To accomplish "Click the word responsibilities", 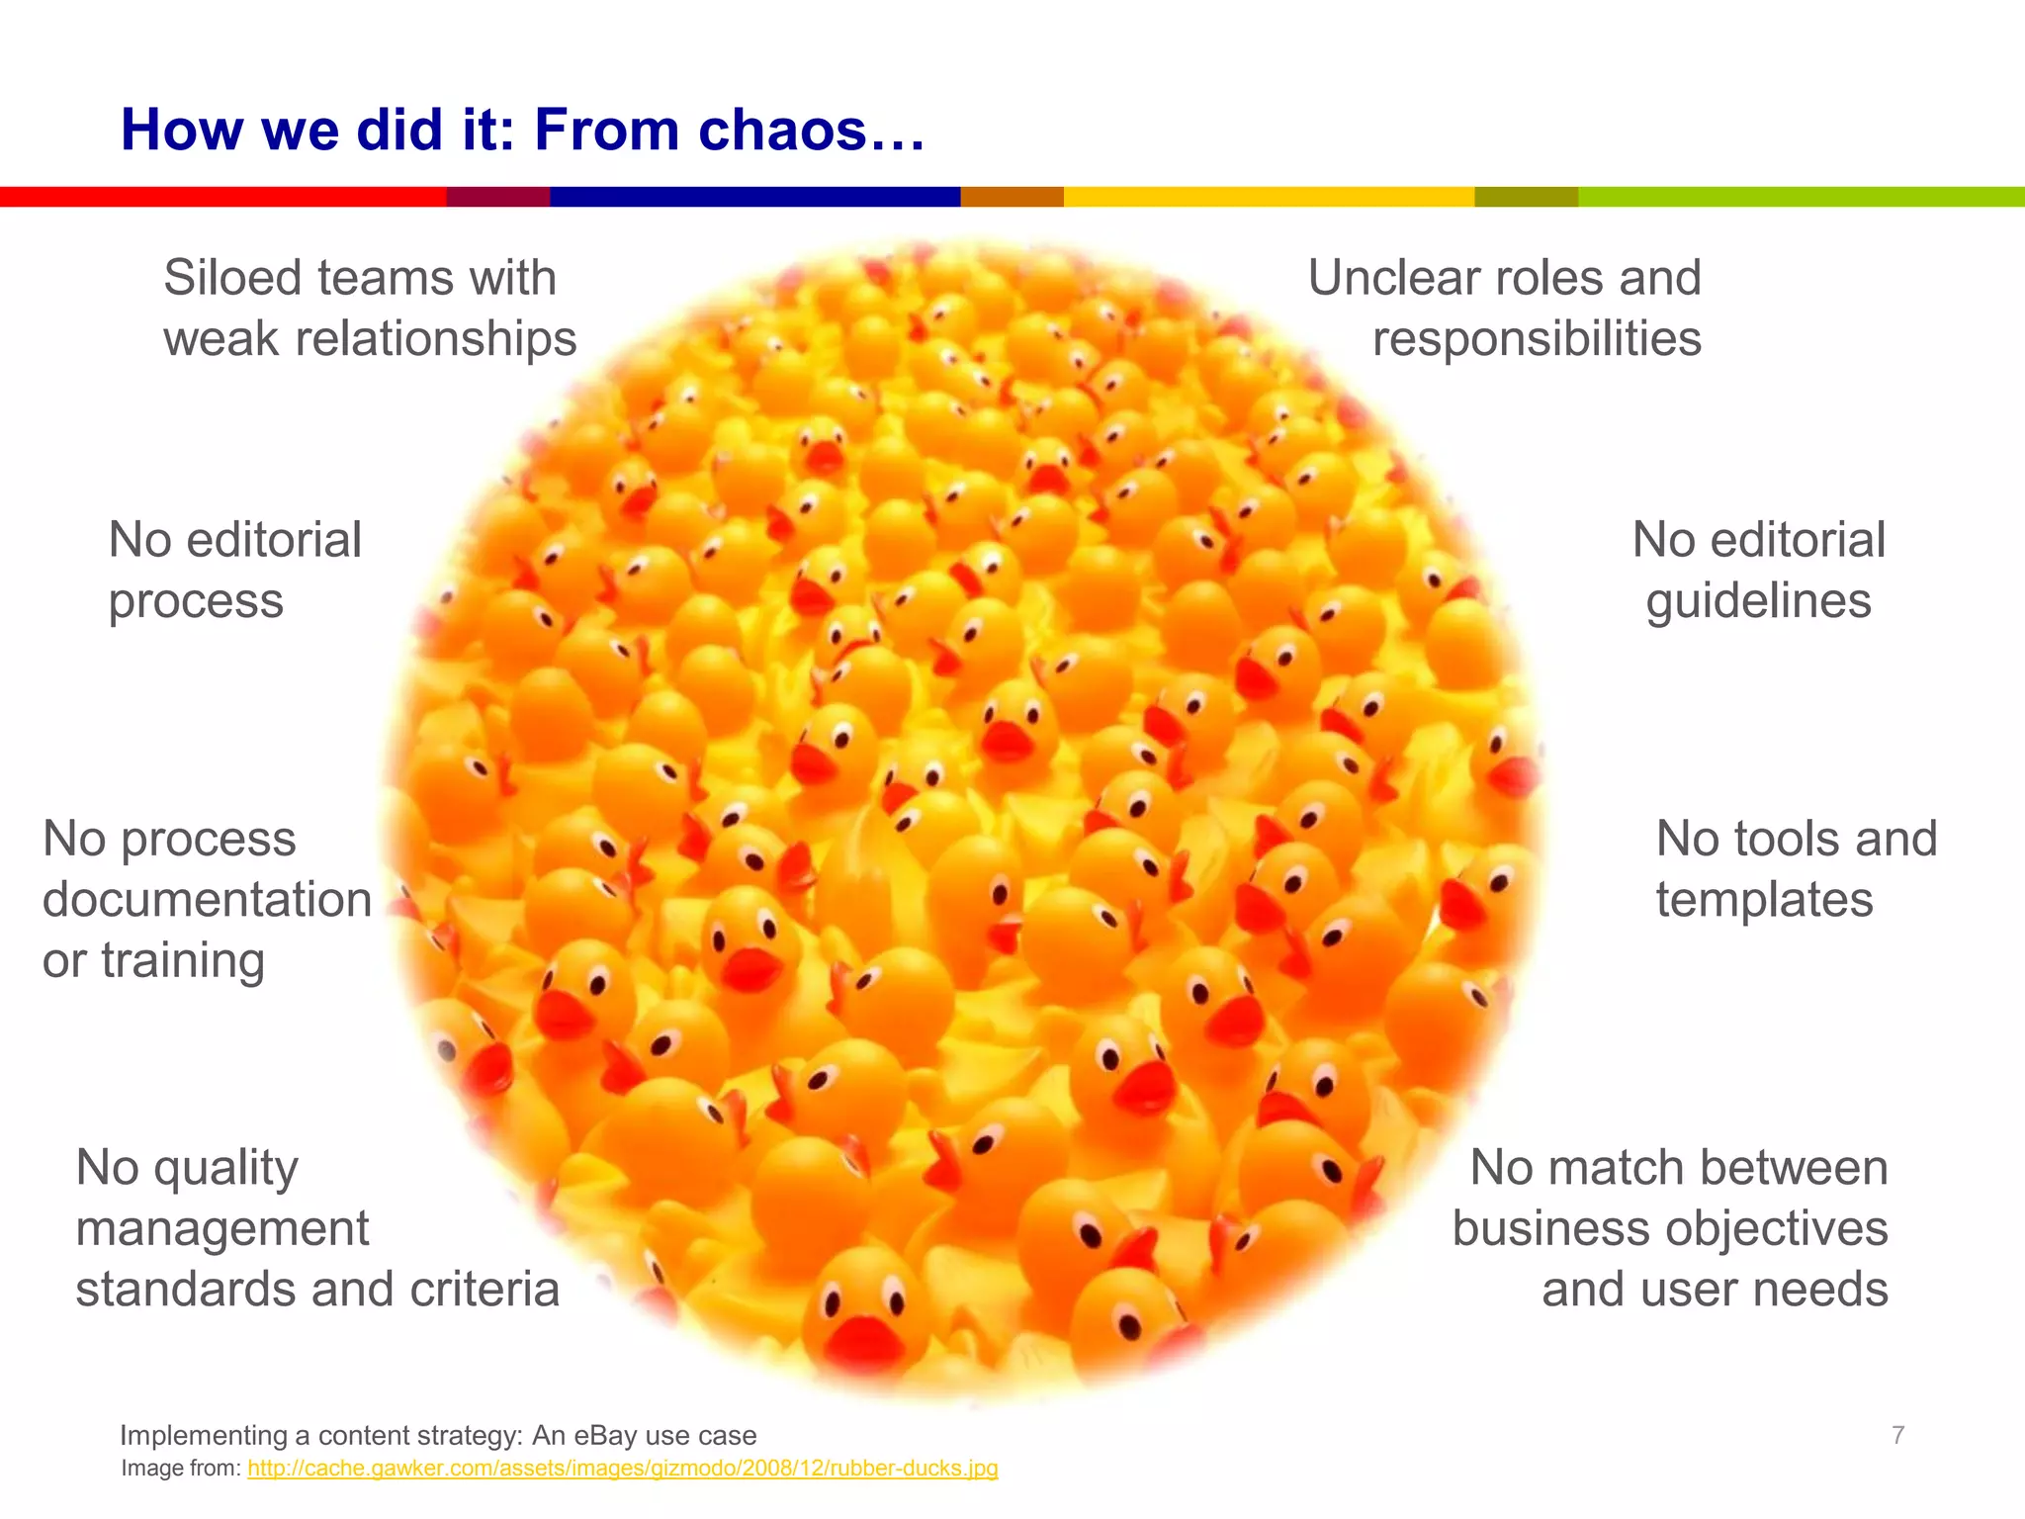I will pyautogui.click(x=1537, y=339).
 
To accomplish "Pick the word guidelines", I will pyautogui.click(x=1758, y=601).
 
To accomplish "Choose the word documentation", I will pyautogui.click(x=207, y=900).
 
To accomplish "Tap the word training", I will pyautogui.click(x=183, y=961).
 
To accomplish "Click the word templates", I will pyautogui.click(x=1764, y=900).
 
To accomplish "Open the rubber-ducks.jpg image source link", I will pyautogui.click(x=622, y=1469).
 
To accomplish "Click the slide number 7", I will pyautogui.click(x=1897, y=1435).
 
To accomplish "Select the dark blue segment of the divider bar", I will pyautogui.click(x=754, y=197).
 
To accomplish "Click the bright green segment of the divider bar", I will pyautogui.click(x=1801, y=197).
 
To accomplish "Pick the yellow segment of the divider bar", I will pyautogui.click(x=1269, y=197).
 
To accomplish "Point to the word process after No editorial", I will pyautogui.click(x=196, y=601).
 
